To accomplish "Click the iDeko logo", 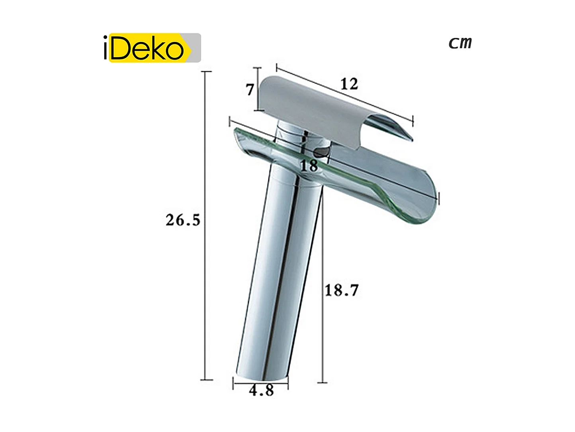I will pyautogui.click(x=152, y=48).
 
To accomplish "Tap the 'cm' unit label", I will pyautogui.click(x=460, y=42).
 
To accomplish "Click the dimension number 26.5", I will pyautogui.click(x=183, y=220).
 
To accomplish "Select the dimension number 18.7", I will pyautogui.click(x=342, y=290).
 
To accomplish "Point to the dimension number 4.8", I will pyautogui.click(x=261, y=390).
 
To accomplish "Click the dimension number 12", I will pyautogui.click(x=349, y=84).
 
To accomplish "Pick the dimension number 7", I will pyautogui.click(x=250, y=90).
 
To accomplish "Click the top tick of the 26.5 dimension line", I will pyautogui.click(x=205, y=72).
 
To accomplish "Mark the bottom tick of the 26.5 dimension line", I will pyautogui.click(x=206, y=380).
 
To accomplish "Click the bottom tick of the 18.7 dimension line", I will pyautogui.click(x=323, y=383).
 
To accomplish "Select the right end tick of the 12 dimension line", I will pyautogui.click(x=413, y=120).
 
